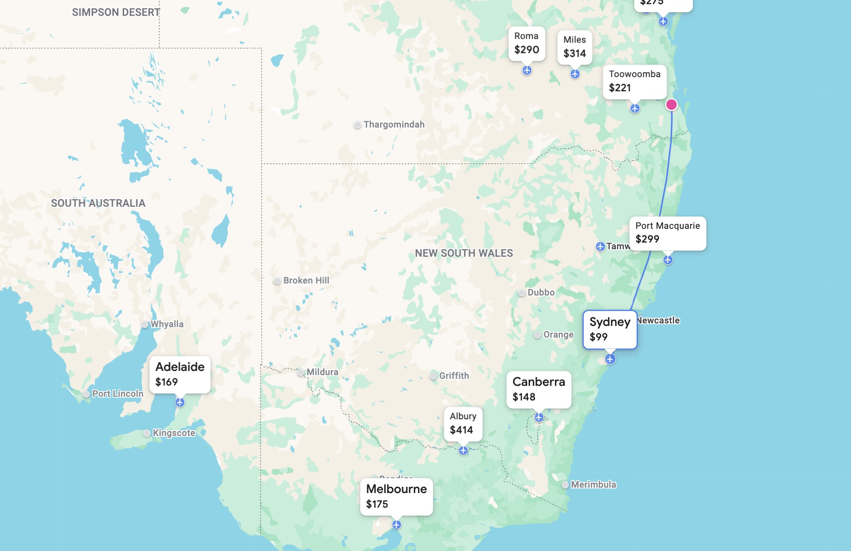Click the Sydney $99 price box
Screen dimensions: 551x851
[610, 329]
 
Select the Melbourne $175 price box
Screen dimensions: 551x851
[396, 496]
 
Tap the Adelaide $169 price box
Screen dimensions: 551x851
[180, 374]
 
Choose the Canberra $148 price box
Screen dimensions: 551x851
[539, 389]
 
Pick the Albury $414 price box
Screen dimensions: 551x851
[463, 423]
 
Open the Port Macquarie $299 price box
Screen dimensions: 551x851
[667, 233]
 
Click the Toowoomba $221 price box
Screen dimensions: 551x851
[635, 82]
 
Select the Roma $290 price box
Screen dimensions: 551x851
[527, 44]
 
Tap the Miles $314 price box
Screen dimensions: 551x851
[575, 47]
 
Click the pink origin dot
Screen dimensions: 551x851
[671, 105]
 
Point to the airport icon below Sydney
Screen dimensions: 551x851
[610, 359]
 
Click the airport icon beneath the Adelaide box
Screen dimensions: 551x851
[180, 402]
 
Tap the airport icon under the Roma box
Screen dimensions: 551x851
[527, 70]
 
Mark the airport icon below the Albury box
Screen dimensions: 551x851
[463, 451]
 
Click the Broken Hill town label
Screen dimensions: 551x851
[306, 281]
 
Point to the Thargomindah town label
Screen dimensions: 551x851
[394, 125]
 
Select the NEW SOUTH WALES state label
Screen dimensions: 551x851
[464, 253]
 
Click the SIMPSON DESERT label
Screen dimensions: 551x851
[116, 13]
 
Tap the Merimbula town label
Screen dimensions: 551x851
[593, 484]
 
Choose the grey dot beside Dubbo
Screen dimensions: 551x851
[522, 293]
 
